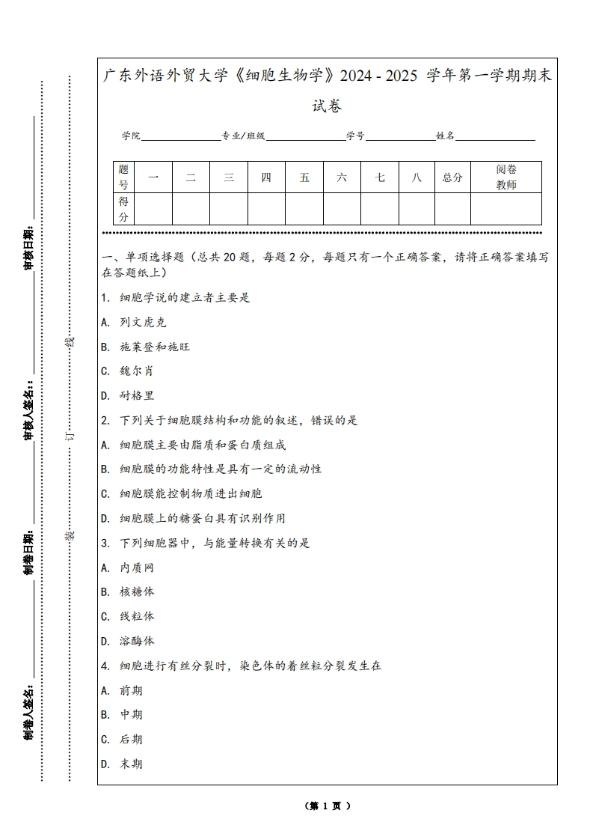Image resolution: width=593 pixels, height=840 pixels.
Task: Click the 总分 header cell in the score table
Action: [x=452, y=177]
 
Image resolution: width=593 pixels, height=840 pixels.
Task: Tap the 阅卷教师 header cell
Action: [x=506, y=177]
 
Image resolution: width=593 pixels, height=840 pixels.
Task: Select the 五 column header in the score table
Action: [x=304, y=177]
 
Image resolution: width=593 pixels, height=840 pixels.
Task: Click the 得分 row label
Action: [x=123, y=209]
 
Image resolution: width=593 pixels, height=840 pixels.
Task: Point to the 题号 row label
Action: [x=123, y=177]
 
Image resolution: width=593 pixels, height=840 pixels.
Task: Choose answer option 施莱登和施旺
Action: [x=154, y=347]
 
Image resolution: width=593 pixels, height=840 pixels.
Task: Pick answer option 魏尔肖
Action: [x=136, y=371]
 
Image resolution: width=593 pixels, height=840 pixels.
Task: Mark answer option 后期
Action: [x=131, y=739]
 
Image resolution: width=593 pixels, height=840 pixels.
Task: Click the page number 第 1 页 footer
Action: [x=327, y=806]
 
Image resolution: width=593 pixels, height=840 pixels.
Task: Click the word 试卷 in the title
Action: [x=327, y=106]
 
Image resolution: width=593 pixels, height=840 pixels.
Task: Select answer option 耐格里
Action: [x=136, y=395]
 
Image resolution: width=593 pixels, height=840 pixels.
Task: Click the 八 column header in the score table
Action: [x=417, y=177]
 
